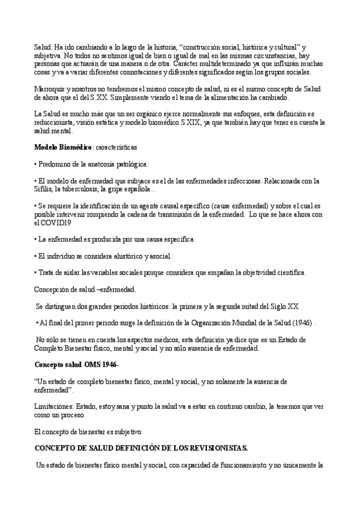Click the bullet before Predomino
pos(35,164)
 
